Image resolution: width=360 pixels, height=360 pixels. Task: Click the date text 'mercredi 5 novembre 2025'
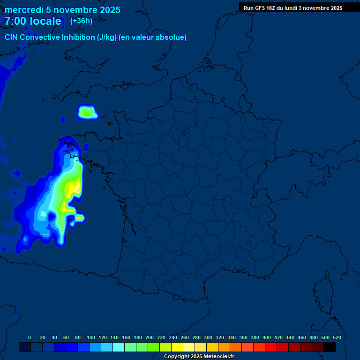(x=62, y=10)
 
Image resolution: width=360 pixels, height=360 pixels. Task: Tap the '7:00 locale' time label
(x=33, y=21)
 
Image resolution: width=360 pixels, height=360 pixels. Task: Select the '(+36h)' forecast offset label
(x=81, y=21)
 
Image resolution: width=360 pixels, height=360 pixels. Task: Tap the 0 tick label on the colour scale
(x=30, y=337)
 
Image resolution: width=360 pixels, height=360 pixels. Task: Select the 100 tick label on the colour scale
(x=91, y=337)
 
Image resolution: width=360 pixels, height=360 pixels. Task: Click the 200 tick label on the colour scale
(x=150, y=337)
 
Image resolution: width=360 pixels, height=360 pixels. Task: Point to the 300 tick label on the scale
(x=208, y=337)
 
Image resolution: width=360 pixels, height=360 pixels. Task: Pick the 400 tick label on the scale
(x=267, y=337)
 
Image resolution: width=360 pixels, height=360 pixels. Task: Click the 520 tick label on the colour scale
(x=337, y=337)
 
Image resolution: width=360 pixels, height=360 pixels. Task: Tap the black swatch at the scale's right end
(x=330, y=347)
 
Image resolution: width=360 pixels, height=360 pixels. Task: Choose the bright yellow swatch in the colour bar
(x=177, y=347)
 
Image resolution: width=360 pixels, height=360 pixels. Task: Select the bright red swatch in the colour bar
(x=271, y=347)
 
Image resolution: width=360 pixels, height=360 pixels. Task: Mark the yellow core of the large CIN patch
(x=74, y=190)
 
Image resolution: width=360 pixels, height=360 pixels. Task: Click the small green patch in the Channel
(x=87, y=112)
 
